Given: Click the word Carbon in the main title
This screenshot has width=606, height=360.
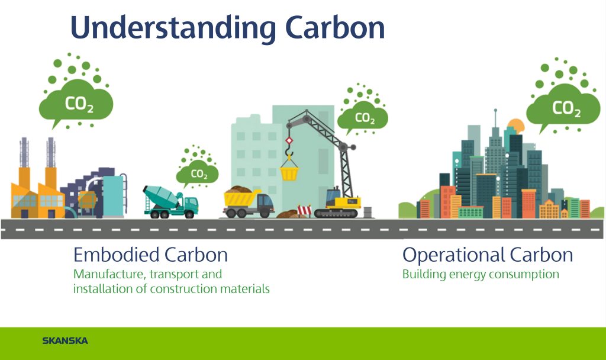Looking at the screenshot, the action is (335, 27).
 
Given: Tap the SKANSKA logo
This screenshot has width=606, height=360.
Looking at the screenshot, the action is (65, 340).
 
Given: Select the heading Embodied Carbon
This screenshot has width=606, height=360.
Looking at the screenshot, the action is (150, 255).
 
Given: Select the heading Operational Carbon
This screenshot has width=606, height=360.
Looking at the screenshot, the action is (488, 255).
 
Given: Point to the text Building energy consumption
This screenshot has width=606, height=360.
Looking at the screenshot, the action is (481, 274).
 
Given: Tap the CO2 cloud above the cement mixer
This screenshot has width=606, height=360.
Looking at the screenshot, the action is (198, 173).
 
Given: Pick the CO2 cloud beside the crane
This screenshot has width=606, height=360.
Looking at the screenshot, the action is (363, 117).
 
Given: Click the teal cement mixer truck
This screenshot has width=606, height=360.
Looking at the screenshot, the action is (170, 201).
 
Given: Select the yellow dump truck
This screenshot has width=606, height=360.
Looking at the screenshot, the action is (249, 202).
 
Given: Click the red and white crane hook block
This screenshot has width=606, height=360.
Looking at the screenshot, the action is (289, 141).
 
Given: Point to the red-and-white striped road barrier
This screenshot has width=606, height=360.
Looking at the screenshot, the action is (305, 211).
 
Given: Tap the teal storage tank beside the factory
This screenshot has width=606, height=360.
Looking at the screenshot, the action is (114, 195).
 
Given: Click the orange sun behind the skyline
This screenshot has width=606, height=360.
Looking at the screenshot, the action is (516, 127).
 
